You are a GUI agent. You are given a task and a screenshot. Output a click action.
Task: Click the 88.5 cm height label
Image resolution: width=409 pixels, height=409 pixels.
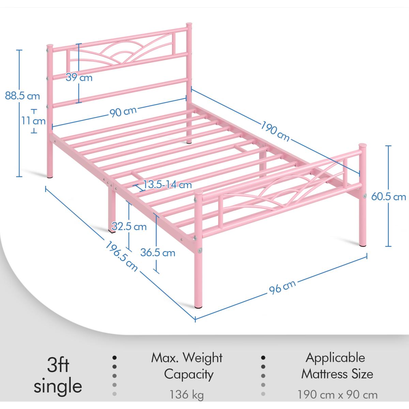(x=22, y=96)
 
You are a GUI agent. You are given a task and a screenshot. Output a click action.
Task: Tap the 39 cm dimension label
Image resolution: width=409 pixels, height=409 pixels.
(x=79, y=77)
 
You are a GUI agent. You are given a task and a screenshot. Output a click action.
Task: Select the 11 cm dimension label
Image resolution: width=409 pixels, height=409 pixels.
(x=33, y=121)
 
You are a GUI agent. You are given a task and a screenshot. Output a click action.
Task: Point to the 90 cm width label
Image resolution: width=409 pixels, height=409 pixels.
(x=123, y=112)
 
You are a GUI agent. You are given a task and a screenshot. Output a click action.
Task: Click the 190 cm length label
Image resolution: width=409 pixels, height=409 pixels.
(x=275, y=131)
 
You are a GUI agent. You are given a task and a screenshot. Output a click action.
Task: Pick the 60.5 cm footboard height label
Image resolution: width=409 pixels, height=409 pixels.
(x=389, y=197)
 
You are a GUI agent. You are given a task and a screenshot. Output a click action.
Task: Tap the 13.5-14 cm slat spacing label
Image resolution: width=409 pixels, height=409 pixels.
(x=167, y=184)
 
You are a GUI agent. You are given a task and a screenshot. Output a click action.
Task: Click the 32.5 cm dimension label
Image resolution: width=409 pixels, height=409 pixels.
(x=129, y=227)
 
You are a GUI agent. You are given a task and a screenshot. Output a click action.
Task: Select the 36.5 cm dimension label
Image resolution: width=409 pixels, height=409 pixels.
(x=158, y=253)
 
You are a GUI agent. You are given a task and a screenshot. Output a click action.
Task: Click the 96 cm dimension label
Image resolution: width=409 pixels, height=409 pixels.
(x=282, y=287)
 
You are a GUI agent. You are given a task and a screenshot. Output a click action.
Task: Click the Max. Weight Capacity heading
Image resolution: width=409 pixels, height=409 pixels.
(x=187, y=366)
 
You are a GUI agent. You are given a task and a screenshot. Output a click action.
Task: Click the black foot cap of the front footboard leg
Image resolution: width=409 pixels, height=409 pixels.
(x=198, y=307)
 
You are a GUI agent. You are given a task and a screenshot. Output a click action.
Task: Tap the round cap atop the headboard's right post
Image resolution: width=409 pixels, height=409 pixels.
(x=189, y=24)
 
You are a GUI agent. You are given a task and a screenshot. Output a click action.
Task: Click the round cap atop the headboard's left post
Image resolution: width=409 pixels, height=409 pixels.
(x=50, y=46)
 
